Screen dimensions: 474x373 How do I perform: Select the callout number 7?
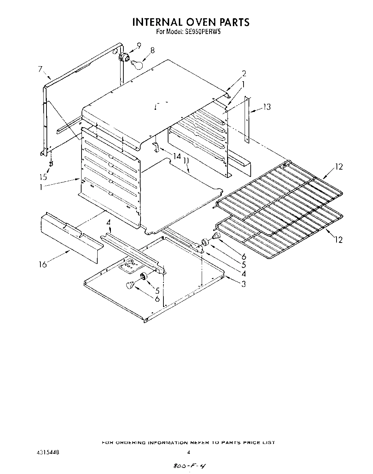coord(40,70)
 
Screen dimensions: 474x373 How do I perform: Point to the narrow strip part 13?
coord(246,118)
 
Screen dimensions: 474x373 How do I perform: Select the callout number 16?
coord(43,265)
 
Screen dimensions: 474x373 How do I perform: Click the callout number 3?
coord(243,284)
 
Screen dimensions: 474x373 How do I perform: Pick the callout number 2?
coord(244,74)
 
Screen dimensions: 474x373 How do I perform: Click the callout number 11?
coord(186,161)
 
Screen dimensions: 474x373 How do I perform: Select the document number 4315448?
coord(45,452)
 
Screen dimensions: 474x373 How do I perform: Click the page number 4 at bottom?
coord(188,452)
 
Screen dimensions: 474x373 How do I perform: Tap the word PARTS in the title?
coord(234,22)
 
